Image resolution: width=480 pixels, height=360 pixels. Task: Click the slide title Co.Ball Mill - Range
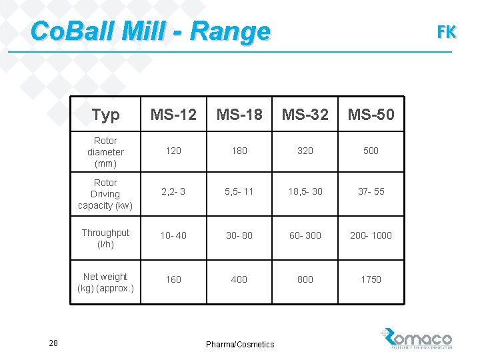tap(151, 31)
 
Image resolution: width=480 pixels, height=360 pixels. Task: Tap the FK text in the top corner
tap(446, 31)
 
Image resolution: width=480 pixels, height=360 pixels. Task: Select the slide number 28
tap(54, 343)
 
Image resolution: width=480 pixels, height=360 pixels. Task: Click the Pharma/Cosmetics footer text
tap(240, 345)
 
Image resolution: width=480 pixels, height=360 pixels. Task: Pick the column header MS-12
tap(173, 115)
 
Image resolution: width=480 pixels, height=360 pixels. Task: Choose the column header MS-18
tap(239, 115)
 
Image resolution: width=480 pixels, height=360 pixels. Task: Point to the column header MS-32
tap(305, 115)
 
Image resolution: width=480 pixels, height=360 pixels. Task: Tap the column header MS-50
tap(371, 115)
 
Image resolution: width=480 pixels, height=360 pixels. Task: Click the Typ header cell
tap(105, 115)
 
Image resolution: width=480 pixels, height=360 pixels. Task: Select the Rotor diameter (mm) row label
tap(105, 152)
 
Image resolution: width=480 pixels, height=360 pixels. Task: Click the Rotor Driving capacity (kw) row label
tap(105, 194)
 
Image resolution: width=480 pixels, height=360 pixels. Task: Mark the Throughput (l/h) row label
tap(105, 238)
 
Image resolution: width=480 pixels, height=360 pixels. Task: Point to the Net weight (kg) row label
tap(105, 282)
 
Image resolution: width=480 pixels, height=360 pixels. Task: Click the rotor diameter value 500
tap(371, 151)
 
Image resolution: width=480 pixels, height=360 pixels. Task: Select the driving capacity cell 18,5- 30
tap(305, 191)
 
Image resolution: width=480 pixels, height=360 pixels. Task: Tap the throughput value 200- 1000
tap(371, 235)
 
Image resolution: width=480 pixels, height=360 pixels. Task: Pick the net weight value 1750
tap(371, 279)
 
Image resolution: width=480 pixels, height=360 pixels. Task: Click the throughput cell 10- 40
tap(173, 235)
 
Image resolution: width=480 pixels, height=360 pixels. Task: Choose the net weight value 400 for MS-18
tap(239, 279)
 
